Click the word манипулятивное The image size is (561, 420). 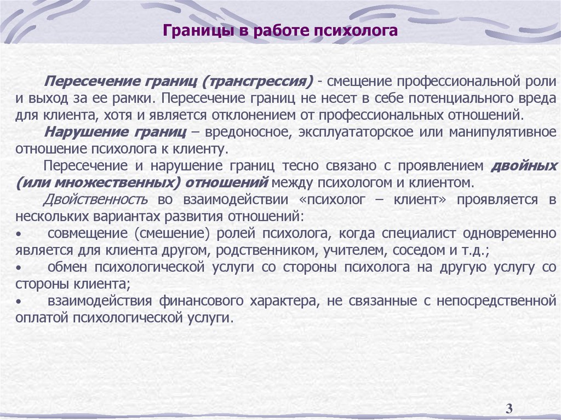(x=503, y=133)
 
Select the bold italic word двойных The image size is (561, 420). (x=524, y=165)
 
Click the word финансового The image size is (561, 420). (x=203, y=301)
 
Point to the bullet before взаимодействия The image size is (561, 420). (x=18, y=302)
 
